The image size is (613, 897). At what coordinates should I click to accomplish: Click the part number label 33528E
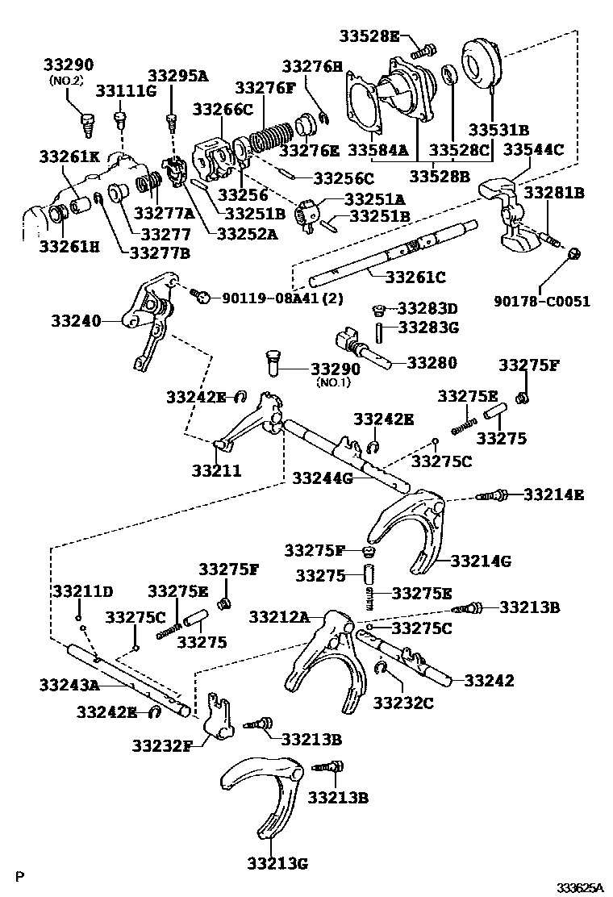[x=369, y=35]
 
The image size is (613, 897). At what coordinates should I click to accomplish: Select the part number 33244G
[x=323, y=478]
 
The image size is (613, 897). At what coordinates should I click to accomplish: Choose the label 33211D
[x=83, y=591]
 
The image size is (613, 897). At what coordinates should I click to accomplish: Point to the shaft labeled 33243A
[x=129, y=678]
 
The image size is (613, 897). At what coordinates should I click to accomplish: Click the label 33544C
[x=532, y=149]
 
